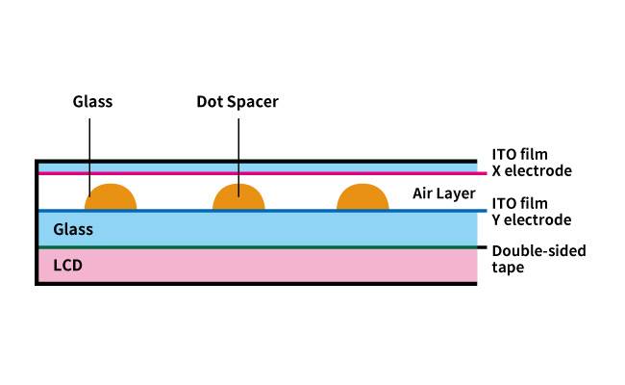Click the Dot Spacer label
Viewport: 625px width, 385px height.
tap(237, 102)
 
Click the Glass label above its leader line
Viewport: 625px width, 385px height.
tap(92, 102)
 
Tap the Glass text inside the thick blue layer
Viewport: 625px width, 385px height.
tap(73, 229)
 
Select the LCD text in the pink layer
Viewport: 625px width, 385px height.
tap(67, 266)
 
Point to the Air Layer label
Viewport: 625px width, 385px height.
tap(444, 193)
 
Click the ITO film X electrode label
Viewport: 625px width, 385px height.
tap(532, 163)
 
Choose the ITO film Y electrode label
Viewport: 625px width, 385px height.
tap(532, 212)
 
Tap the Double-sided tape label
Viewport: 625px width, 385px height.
tap(538, 259)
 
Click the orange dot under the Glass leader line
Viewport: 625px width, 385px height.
tap(111, 196)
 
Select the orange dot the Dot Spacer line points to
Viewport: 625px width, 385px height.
tap(238, 196)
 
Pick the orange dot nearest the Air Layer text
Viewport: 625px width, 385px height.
tap(362, 196)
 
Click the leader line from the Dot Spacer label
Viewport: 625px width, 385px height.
tap(238, 158)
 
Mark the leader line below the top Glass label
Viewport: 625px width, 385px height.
tap(89, 158)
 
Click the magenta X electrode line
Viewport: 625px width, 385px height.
tap(262, 173)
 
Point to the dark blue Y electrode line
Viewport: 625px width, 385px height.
tap(262, 211)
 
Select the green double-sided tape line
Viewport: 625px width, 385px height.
tap(258, 247)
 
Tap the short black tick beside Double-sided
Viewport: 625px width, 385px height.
tap(483, 247)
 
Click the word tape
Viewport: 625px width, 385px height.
tap(508, 268)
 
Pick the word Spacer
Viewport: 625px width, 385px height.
tap(252, 103)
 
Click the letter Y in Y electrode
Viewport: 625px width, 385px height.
tap(496, 219)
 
